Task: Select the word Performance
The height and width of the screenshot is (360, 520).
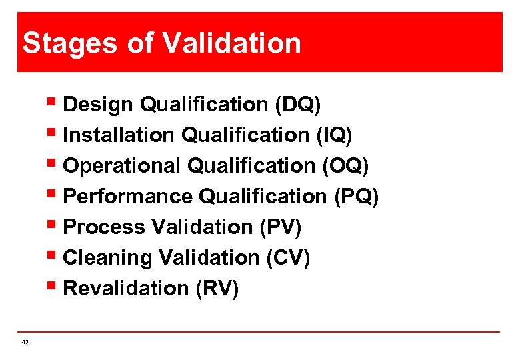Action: click(129, 197)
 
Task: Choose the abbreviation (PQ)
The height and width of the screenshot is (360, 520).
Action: click(355, 197)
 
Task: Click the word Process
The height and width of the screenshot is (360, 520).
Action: click(104, 227)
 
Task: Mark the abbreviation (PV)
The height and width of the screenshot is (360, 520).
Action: click(280, 227)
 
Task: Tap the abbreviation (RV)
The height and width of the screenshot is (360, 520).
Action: click(217, 289)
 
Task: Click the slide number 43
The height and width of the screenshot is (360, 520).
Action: click(25, 342)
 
